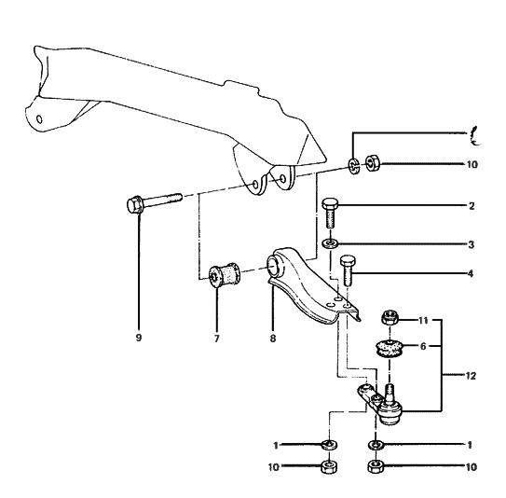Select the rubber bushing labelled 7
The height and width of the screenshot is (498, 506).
(x=225, y=276)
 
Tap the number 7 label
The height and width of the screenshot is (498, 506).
(x=216, y=339)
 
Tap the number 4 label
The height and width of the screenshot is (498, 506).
(x=472, y=274)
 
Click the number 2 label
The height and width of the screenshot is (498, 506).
(x=472, y=207)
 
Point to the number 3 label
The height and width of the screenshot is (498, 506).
(x=472, y=244)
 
